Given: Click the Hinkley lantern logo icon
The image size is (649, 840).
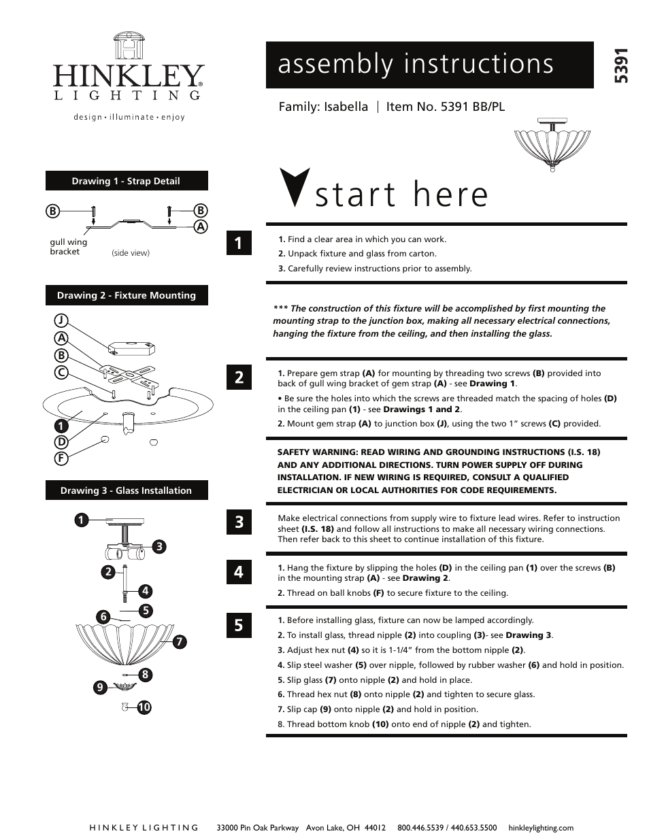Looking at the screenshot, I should pos(129,46).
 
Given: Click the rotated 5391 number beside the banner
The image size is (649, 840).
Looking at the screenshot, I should pos(620,66).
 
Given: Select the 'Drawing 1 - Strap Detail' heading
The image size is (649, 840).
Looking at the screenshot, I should pos(127,181).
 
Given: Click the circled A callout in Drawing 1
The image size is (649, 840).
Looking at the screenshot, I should pos(201,226).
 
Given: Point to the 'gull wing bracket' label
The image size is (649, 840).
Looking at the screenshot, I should pos(68,247).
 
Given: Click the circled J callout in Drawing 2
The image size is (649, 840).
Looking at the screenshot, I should pos(61,320).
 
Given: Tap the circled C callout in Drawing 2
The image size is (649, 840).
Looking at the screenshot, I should pos(61,372).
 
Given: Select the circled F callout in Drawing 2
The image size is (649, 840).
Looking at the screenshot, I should pos(61,458).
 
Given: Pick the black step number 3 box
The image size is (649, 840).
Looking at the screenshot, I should pos(239,522).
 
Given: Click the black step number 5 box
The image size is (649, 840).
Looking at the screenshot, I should pos(239,625).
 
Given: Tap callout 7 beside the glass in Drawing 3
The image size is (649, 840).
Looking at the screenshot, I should pos(180,641).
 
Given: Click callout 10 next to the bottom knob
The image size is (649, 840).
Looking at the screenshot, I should pos(144,707).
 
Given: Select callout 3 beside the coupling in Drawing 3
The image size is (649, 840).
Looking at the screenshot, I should pos(159,546).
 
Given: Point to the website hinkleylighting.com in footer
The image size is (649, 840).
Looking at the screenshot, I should pos(541,828).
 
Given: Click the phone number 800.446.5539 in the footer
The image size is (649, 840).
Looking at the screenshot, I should pos(421,828).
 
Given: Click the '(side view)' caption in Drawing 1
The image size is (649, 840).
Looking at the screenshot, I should pos(131,253).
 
